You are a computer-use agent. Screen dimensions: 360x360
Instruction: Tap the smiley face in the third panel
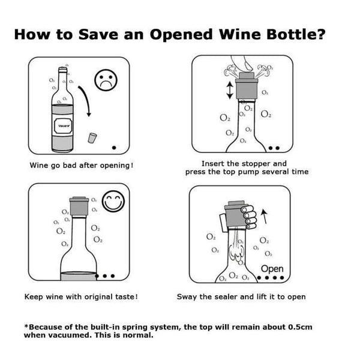pyautogui.click(x=113, y=202)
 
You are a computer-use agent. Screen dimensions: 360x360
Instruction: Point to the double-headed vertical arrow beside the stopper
pyautogui.click(x=229, y=91)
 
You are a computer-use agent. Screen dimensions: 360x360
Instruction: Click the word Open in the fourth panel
pyautogui.click(x=272, y=269)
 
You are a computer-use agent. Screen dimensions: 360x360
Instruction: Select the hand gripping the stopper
pyautogui.click(x=246, y=217)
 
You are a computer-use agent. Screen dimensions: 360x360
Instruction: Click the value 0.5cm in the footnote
pyautogui.click(x=298, y=327)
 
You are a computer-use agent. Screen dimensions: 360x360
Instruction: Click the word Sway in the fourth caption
pyautogui.click(x=187, y=296)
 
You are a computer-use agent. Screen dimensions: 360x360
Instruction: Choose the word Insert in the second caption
pyautogui.click(x=214, y=163)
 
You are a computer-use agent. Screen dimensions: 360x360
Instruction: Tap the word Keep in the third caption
pyautogui.click(x=34, y=296)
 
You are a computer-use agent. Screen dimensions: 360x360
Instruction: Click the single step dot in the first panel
pyautogui.click(x=115, y=146)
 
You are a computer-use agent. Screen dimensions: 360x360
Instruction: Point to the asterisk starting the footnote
pyautogui.click(x=26, y=326)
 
